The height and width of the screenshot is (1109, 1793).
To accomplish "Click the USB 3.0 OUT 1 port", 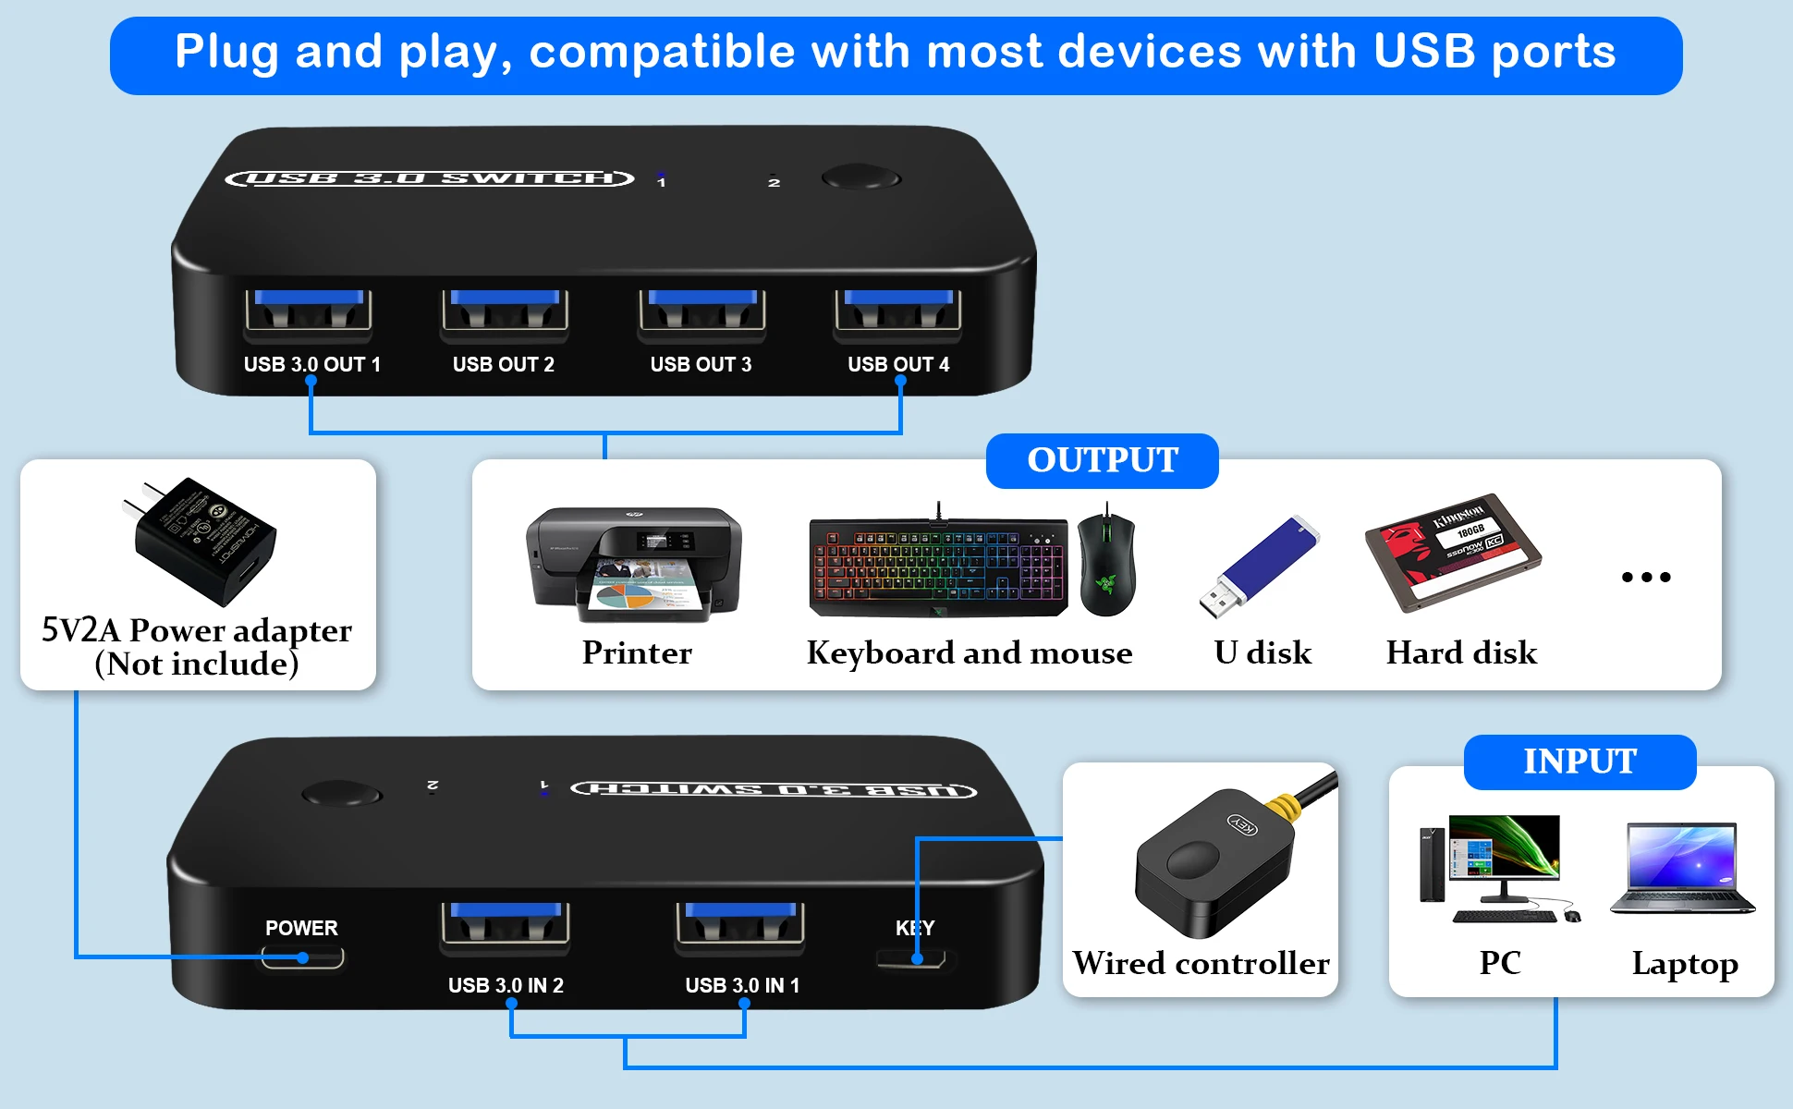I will tap(309, 311).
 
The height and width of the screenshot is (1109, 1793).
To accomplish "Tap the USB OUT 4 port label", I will tap(898, 364).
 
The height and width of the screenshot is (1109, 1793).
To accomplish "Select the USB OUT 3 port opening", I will tap(702, 311).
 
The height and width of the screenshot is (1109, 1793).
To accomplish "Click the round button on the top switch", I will tap(860, 177).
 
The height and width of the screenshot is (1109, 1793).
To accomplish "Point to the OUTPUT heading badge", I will tap(1102, 460).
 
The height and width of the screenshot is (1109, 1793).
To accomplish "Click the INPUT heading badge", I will tap(1580, 762).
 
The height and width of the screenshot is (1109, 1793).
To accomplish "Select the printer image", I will tap(634, 564).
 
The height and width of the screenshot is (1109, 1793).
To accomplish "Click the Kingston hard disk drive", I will tap(1452, 552).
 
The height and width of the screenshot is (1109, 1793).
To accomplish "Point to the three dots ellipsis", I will tap(1646, 577).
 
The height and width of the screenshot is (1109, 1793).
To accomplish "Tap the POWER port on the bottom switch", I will tap(302, 957).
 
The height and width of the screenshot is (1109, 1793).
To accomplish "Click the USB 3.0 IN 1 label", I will tap(742, 985).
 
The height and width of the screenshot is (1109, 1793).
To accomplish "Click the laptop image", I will tap(1682, 869).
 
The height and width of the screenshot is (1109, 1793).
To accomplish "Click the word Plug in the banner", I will tap(226, 52).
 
